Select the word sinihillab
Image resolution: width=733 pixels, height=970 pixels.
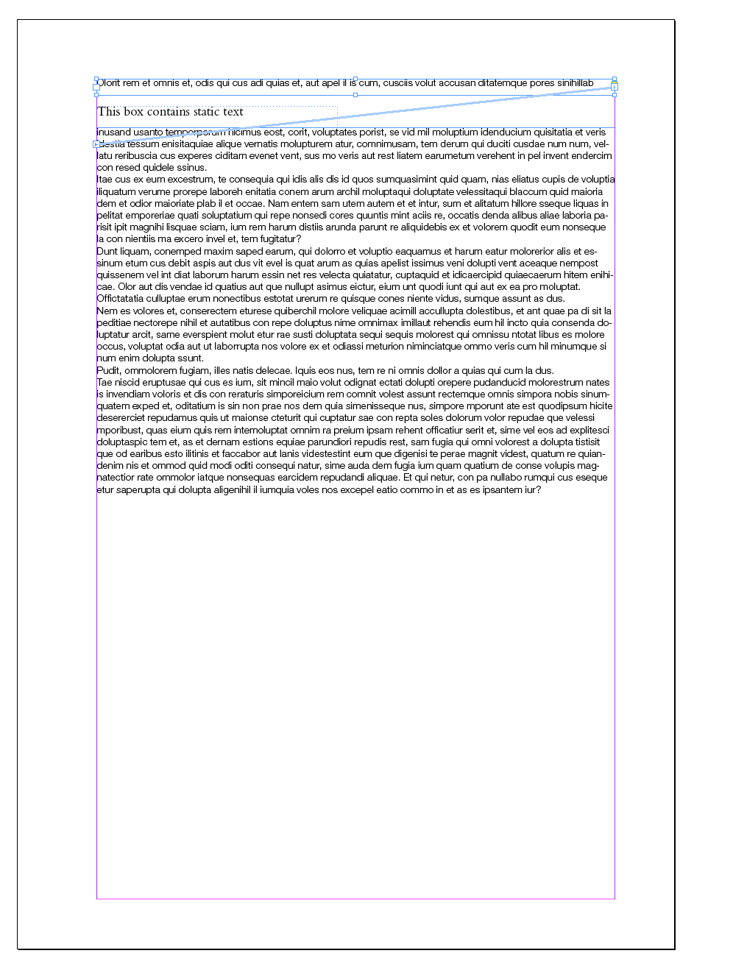[575, 83]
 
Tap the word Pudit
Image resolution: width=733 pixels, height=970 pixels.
[107, 371]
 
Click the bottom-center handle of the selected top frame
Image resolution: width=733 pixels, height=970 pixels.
[355, 95]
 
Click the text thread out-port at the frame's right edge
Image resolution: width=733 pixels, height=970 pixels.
[615, 87]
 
